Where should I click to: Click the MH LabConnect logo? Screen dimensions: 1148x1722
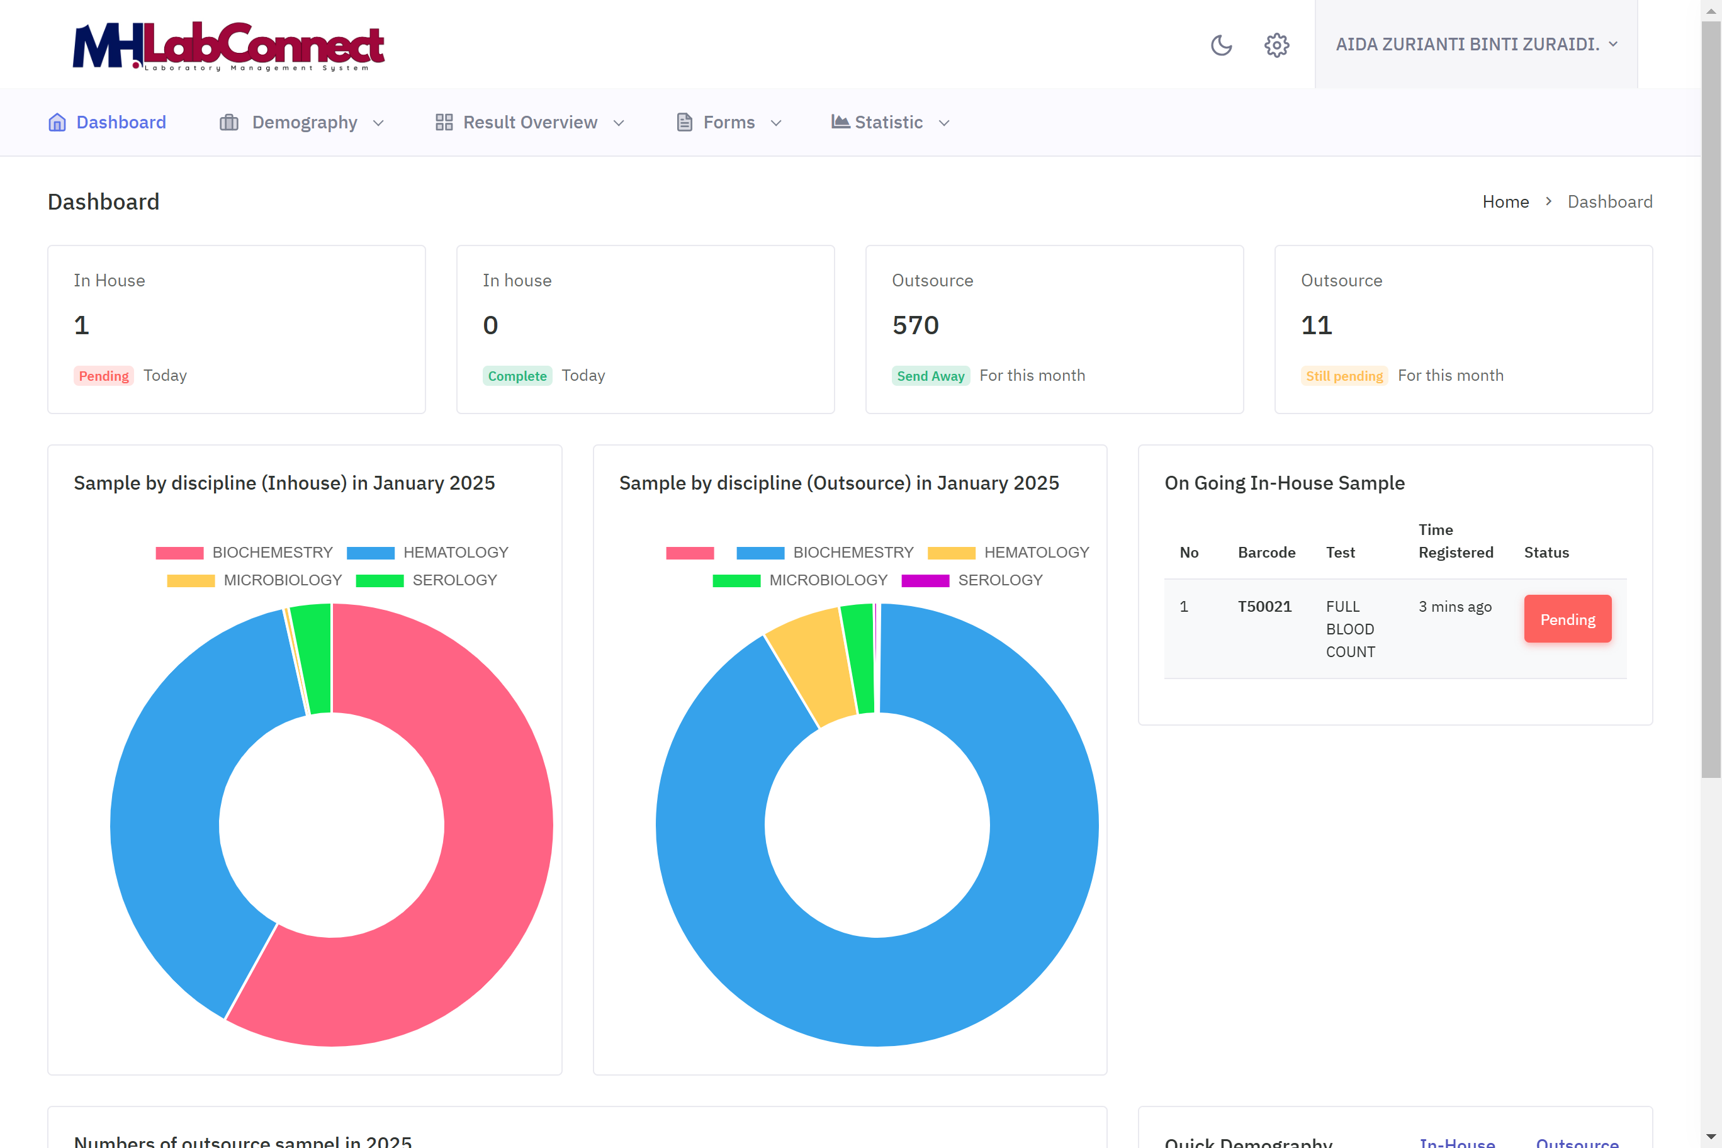pos(228,46)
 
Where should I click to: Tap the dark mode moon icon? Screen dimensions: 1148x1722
pos(1221,45)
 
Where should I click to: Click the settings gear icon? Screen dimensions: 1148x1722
pos(1276,45)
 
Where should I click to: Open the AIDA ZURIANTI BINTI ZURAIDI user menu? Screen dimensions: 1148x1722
pos(1475,45)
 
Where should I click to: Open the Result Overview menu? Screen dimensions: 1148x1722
pos(529,122)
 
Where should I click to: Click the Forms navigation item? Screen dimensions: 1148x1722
pos(728,122)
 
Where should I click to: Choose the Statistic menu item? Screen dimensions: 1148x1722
pos(889,122)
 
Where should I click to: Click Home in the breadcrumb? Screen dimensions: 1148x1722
pos(1505,202)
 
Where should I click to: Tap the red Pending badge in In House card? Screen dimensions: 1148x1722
pos(103,376)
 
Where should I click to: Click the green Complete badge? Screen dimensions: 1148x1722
pos(517,376)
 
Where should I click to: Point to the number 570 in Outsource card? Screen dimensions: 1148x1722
pos(915,325)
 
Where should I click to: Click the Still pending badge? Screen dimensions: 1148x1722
pos(1344,376)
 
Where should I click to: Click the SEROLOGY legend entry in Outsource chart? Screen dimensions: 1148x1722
pos(972,580)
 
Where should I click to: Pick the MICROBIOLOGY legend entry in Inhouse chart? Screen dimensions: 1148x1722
pos(255,580)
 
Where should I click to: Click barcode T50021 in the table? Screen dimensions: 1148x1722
pos(1264,607)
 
